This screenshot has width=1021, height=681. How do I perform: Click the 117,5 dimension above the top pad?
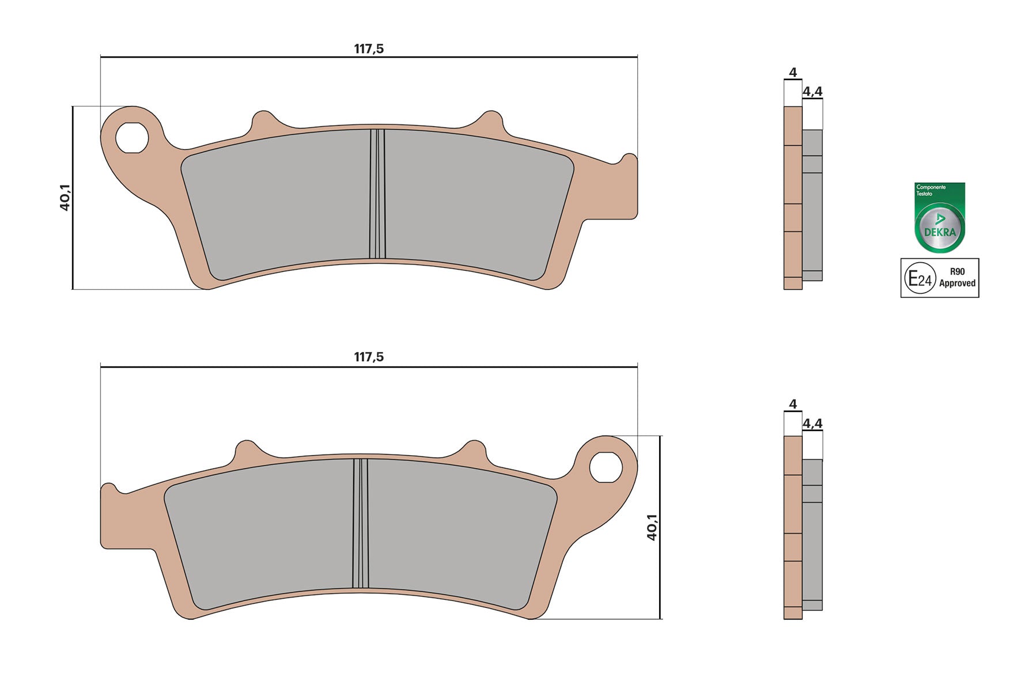pos(369,49)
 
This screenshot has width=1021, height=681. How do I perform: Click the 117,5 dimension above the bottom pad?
pos(369,357)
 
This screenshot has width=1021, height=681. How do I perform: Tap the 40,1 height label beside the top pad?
pos(65,198)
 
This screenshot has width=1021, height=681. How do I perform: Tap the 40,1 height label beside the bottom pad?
pos(652,527)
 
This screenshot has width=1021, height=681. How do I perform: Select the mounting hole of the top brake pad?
pos(132,138)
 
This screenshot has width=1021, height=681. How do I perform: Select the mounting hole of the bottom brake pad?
pos(606,467)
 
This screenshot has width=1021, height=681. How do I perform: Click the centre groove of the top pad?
pos(377,194)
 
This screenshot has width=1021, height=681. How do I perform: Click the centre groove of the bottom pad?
pos(361,523)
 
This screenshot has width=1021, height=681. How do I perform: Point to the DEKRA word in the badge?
pos(940,232)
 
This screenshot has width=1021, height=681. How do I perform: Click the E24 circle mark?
pos(920,279)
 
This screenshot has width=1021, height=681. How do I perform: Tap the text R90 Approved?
pos(956,278)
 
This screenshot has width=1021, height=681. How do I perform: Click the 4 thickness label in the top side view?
pos(793,73)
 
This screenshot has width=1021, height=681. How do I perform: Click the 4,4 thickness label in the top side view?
pos(812,92)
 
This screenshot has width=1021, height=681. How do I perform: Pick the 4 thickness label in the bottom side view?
pos(793,404)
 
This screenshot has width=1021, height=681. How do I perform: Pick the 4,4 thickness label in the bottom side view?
pos(812,423)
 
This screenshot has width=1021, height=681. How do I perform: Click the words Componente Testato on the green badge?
pos(931,190)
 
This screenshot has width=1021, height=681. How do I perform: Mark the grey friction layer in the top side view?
pos(812,219)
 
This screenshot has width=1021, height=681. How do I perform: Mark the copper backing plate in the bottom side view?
pos(793,519)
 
